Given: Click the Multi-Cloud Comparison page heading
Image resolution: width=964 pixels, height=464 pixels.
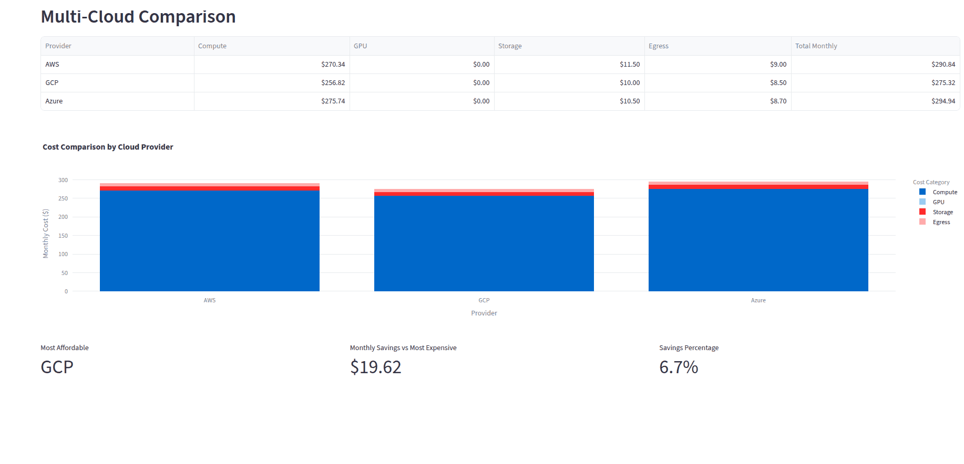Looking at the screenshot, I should [x=138, y=17].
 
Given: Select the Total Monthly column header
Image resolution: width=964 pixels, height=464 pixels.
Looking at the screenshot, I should [x=816, y=46].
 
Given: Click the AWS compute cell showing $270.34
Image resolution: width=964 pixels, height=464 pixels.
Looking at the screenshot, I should [x=333, y=65].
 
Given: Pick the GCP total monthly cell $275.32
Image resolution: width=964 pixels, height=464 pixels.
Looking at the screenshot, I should [x=943, y=83].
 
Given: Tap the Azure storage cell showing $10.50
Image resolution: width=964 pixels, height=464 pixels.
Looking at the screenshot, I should [x=629, y=101].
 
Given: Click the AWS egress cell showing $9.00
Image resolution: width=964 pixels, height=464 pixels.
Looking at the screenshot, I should [x=778, y=65].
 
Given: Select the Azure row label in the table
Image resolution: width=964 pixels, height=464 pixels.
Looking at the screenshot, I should [x=54, y=101].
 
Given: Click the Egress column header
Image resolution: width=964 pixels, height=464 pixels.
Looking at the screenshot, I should [x=658, y=46].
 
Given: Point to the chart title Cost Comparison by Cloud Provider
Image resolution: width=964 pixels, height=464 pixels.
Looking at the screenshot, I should [x=108, y=147].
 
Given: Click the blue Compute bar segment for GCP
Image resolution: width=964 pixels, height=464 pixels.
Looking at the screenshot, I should [x=484, y=244].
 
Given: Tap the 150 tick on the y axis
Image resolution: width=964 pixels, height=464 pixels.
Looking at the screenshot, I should [x=63, y=236].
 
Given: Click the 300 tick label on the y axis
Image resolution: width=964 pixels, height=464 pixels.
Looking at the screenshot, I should [x=63, y=180].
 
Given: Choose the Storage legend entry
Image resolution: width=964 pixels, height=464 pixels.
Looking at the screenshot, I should [x=942, y=212].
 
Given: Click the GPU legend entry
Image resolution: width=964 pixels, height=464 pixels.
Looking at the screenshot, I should [x=938, y=202].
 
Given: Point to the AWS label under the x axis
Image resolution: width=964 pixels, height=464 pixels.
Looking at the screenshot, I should [x=210, y=300].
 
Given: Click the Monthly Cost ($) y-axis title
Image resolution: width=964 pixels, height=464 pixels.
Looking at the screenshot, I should [x=46, y=234].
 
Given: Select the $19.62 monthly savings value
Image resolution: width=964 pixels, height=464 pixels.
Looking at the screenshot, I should [x=376, y=367].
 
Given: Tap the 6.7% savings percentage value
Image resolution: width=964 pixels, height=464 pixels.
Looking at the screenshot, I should [x=679, y=367].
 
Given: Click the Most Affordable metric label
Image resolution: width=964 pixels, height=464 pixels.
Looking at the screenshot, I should [x=65, y=348].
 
